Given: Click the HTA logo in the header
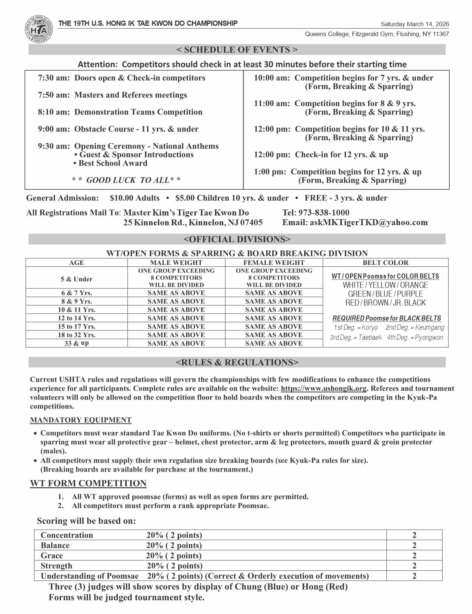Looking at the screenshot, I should click(39, 29).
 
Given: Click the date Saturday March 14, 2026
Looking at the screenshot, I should click(415, 24).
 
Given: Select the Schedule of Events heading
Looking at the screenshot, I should click(237, 50).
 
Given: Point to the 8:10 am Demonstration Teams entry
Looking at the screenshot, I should click(120, 112).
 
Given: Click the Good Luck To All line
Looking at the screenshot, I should click(126, 180).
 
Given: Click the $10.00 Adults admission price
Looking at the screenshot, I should click(135, 198).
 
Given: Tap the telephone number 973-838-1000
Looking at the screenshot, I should click(326, 213).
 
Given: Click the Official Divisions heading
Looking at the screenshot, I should click(237, 239).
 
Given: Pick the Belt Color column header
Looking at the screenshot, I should click(385, 263).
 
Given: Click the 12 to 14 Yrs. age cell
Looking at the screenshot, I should click(77, 318).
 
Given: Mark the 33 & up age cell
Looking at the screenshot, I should click(77, 343).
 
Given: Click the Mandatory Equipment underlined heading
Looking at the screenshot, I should click(81, 420).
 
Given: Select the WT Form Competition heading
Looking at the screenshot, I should click(88, 483).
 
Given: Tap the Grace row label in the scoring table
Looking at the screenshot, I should click(52, 556).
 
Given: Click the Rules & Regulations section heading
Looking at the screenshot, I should click(237, 362).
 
